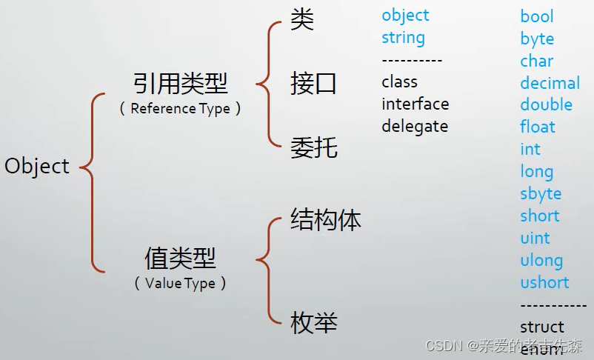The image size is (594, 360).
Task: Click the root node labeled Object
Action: click(x=37, y=166)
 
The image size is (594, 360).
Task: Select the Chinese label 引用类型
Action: click(x=180, y=84)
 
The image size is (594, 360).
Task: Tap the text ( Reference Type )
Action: click(x=180, y=108)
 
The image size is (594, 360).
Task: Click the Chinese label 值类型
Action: click(x=180, y=259)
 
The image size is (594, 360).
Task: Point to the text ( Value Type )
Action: click(x=180, y=283)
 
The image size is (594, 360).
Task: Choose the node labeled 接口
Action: click(x=313, y=84)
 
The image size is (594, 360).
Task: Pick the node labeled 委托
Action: click(x=313, y=147)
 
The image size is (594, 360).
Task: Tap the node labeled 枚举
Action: click(x=313, y=322)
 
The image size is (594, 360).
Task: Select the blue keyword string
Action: click(x=403, y=38)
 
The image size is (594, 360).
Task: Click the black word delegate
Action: click(x=415, y=126)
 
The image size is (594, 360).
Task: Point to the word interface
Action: click(x=415, y=104)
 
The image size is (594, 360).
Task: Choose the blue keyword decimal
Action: click(x=550, y=83)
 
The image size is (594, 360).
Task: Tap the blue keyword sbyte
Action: click(x=541, y=194)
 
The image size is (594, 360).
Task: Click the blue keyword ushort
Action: click(x=544, y=282)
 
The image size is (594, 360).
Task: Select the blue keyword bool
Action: click(x=537, y=16)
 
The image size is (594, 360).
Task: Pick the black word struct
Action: click(x=542, y=327)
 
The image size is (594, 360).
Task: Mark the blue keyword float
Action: click(x=537, y=127)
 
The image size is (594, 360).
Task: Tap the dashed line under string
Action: click(x=412, y=61)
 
